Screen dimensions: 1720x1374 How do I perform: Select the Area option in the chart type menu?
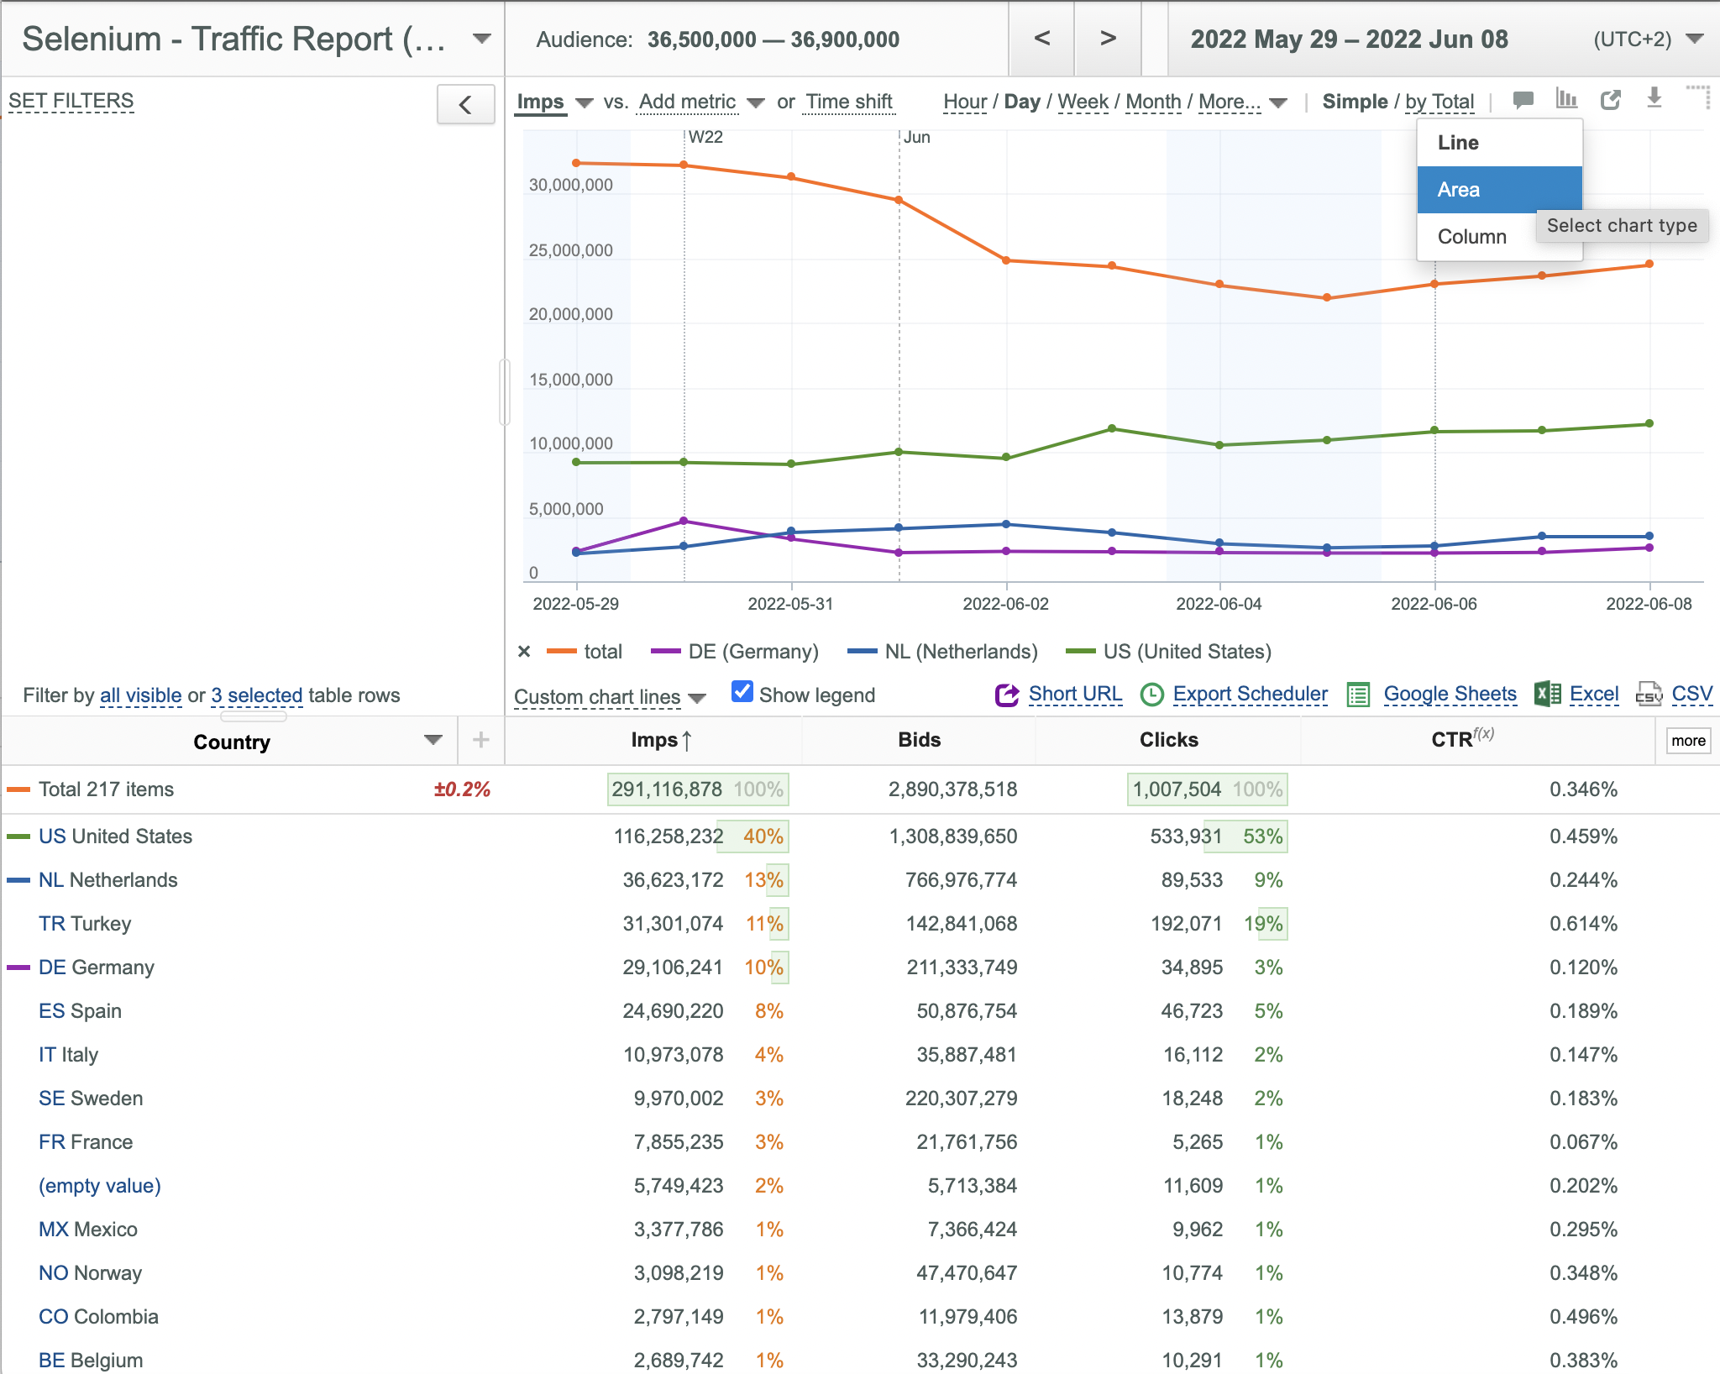tap(1499, 190)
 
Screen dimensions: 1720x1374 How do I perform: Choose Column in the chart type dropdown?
tap(1471, 237)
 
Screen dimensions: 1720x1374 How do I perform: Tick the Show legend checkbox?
tap(742, 692)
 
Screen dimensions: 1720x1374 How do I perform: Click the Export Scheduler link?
tap(1250, 694)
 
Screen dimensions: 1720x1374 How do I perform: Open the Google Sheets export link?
tap(1450, 694)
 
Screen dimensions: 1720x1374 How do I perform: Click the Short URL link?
tap(1075, 694)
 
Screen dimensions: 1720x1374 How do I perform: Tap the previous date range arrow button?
tap(1041, 39)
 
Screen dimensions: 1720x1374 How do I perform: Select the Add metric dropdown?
tap(700, 102)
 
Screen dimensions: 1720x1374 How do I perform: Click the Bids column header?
tap(919, 740)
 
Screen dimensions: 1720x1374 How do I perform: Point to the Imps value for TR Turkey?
tap(673, 924)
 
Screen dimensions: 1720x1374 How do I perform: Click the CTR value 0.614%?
tap(1583, 924)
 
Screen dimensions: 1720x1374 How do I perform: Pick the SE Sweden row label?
tap(91, 1099)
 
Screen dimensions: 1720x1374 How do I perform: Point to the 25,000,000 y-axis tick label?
tap(571, 250)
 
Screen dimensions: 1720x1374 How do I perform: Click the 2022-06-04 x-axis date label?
tap(1219, 604)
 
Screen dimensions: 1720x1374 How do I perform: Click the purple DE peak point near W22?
tap(684, 521)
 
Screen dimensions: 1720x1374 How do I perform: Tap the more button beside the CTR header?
tap(1688, 741)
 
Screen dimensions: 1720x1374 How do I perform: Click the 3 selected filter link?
tap(256, 695)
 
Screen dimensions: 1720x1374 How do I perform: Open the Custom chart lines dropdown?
tap(610, 697)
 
